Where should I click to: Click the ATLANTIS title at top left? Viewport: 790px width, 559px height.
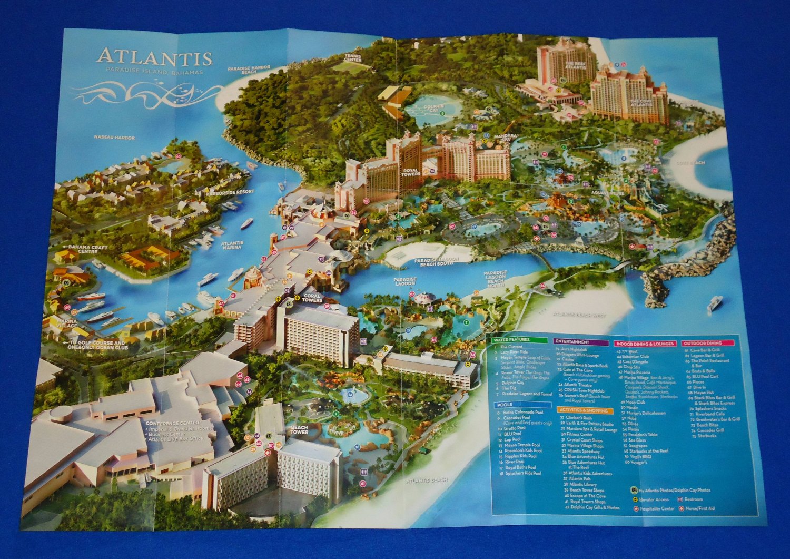[154, 57]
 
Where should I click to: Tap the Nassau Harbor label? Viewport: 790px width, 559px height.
[114, 138]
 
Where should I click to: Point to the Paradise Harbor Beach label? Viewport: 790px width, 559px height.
[249, 70]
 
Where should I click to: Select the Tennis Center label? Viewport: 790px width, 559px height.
[353, 57]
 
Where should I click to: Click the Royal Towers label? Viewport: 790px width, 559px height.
[410, 172]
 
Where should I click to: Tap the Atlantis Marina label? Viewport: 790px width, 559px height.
[232, 246]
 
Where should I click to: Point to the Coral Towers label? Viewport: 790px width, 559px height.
[312, 298]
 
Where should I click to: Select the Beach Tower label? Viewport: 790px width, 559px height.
[299, 430]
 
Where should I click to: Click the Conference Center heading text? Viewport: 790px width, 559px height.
[172, 423]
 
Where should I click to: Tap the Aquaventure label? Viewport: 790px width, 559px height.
[607, 193]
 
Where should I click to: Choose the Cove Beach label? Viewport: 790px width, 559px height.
[690, 163]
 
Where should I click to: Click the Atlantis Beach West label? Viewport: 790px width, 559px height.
[579, 315]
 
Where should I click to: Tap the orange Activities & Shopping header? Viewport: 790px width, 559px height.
[583, 410]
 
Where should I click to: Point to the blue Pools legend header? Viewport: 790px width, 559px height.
[505, 405]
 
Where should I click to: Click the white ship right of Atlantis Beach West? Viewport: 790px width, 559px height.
[715, 303]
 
